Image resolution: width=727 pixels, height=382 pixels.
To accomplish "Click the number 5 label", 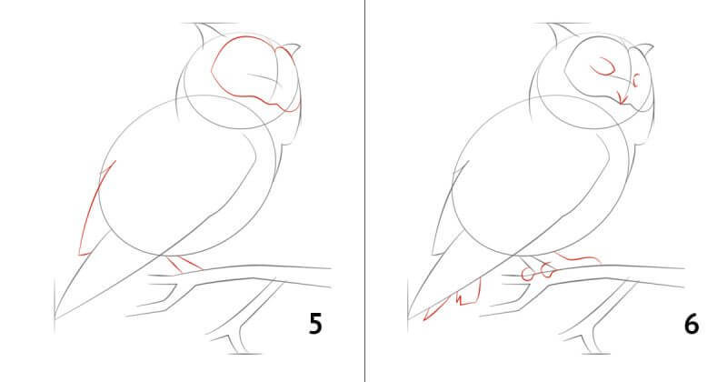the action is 315,324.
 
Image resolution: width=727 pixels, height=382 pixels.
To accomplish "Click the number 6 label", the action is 692,324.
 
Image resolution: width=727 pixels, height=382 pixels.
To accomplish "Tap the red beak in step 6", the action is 622,98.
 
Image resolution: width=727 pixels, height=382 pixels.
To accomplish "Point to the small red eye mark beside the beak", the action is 635,80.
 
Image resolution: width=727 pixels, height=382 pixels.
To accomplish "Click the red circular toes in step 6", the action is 538,272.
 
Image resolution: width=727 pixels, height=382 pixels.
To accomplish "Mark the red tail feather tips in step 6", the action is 453,299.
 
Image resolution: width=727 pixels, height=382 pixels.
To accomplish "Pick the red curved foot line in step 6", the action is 578,257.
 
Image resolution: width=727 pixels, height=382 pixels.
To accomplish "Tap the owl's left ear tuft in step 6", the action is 559,34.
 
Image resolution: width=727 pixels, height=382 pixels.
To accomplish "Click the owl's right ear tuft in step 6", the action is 644,48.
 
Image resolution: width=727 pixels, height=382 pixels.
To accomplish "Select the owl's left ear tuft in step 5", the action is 206,34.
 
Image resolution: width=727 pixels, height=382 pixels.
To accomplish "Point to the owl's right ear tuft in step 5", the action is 291,48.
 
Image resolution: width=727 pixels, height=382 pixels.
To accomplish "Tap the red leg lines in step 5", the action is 184,264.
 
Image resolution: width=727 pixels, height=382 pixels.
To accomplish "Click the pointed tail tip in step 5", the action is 55,318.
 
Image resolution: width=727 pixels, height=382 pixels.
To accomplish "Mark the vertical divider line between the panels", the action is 365,191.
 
